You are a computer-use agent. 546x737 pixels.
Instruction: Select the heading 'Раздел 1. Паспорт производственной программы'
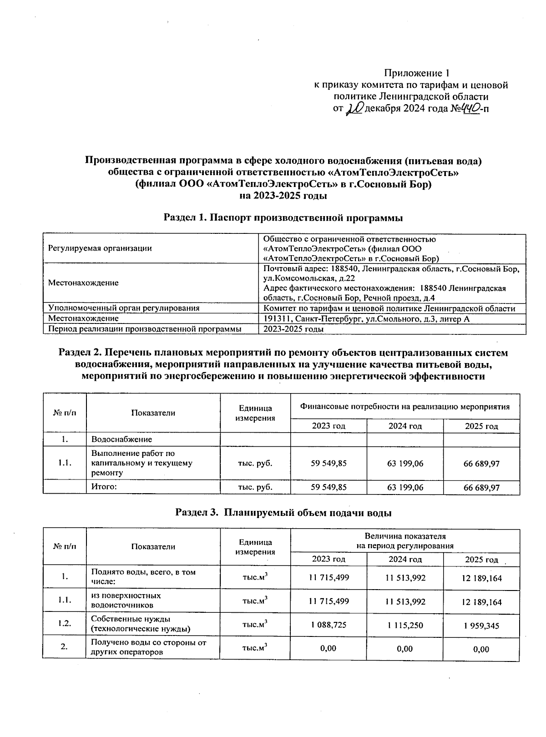(283, 218)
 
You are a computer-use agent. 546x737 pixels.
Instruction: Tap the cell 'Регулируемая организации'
(100, 248)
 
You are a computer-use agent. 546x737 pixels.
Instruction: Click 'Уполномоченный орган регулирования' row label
(124, 308)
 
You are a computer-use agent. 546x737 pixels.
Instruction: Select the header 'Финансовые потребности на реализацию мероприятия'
(404, 406)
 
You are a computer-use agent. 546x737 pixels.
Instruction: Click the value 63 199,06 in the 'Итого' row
(404, 487)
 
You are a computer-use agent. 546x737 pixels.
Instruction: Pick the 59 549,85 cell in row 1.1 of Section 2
(328, 463)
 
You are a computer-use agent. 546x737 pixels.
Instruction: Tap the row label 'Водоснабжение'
(121, 439)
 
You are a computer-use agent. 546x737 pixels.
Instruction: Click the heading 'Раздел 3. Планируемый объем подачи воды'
(283, 512)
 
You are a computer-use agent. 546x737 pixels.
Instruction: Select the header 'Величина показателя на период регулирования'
(404, 541)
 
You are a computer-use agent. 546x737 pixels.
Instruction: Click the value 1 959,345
(481, 626)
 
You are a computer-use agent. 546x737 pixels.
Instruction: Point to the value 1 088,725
(328, 625)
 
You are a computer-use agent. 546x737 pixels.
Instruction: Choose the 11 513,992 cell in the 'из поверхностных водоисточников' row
(404, 601)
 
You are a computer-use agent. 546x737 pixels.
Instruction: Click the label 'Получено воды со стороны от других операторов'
(149, 647)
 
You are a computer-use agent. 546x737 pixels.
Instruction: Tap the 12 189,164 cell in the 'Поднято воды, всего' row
(481, 578)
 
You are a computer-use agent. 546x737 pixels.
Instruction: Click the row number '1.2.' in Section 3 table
(64, 624)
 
